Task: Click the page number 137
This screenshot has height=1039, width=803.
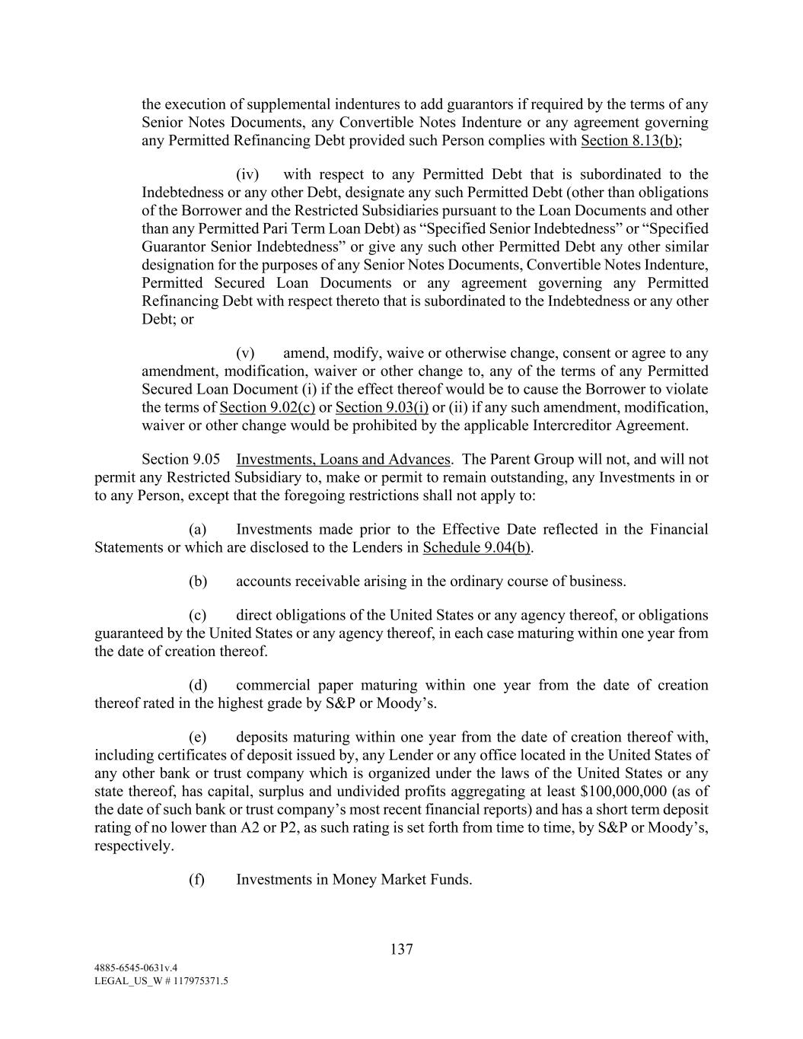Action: pyautogui.click(x=401, y=949)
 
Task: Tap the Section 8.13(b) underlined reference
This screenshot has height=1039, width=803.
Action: pyautogui.click(x=630, y=141)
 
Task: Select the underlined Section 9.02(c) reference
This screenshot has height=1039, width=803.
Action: pyautogui.click(x=267, y=407)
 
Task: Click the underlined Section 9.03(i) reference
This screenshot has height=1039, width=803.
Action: pyautogui.click(x=381, y=407)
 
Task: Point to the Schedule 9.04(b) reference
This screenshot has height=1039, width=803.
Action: pyautogui.click(x=477, y=547)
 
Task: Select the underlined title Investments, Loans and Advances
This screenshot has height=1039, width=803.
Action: pyautogui.click(x=343, y=459)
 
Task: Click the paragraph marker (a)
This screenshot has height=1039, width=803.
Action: pyautogui.click(x=198, y=529)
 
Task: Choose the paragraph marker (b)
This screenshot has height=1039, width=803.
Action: pyautogui.click(x=198, y=582)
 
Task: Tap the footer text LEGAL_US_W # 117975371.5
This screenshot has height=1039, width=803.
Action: pyautogui.click(x=161, y=981)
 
